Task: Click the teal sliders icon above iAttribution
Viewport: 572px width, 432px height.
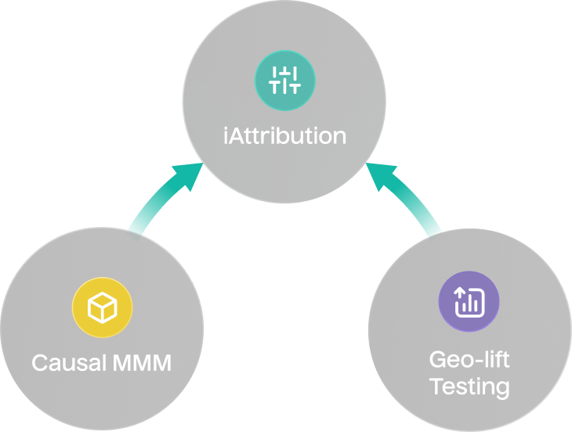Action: (x=284, y=80)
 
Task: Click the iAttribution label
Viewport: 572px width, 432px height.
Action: (x=284, y=135)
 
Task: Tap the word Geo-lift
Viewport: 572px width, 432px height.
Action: (x=469, y=360)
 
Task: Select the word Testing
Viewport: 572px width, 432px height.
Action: (x=469, y=386)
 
